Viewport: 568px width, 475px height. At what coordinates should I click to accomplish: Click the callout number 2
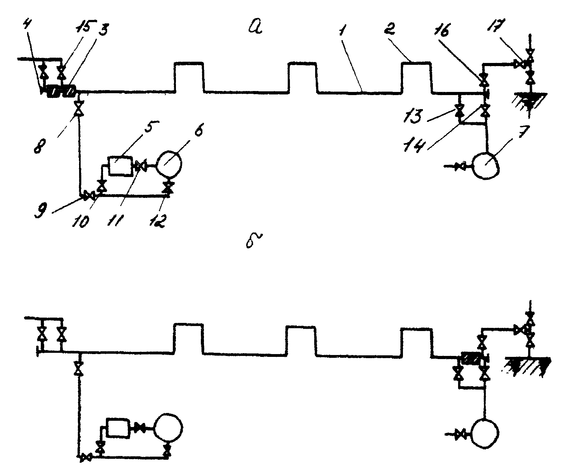coord(391,29)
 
